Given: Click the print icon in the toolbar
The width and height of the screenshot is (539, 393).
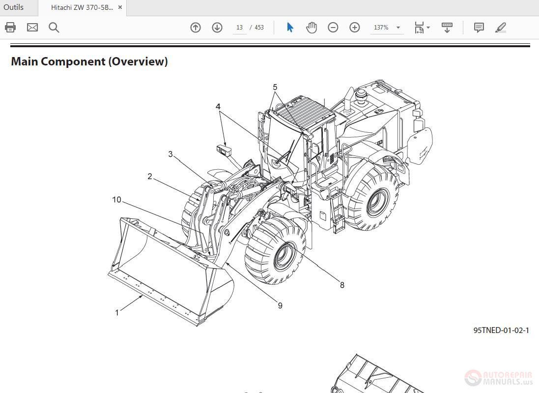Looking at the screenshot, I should click(10, 28).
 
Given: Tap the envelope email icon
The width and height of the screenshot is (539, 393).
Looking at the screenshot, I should click(32, 28).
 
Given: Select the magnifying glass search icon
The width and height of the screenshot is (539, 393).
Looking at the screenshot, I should click(54, 28).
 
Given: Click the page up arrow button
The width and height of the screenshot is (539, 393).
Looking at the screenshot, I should click(196, 28).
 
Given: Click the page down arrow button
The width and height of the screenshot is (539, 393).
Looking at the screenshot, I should click(217, 28).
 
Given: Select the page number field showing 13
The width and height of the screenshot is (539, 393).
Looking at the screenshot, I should click(239, 28).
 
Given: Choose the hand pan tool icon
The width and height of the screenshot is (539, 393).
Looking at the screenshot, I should click(312, 28).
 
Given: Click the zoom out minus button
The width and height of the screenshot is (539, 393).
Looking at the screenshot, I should click(333, 28).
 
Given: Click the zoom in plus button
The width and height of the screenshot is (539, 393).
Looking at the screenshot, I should click(355, 28).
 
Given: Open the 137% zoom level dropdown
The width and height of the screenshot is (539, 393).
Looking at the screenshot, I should click(387, 28).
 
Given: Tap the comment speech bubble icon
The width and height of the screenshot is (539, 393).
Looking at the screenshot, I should click(479, 28).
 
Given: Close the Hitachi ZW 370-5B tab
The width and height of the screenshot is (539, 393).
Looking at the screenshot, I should click(120, 7).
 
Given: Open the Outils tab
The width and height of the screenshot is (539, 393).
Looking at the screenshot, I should click(14, 7).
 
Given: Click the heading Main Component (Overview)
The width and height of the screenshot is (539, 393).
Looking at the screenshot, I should click(89, 61).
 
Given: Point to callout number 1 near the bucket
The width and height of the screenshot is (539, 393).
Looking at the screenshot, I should click(117, 312).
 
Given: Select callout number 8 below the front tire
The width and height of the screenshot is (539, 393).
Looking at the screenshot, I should click(342, 285).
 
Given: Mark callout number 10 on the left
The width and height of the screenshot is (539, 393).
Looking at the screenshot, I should click(116, 200).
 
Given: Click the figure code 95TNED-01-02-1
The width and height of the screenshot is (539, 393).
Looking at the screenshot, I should click(501, 331).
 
